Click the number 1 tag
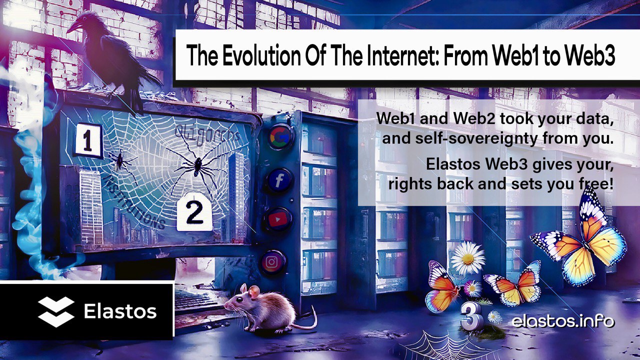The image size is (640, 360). pyautogui.click(x=88, y=141)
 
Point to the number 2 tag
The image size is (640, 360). pyautogui.click(x=194, y=213)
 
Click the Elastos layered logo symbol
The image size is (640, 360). pyautogui.click(x=56, y=311)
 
